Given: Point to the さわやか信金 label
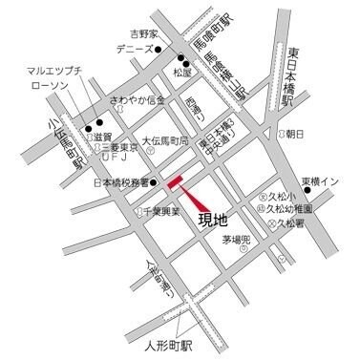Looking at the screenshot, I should click(x=138, y=100).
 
